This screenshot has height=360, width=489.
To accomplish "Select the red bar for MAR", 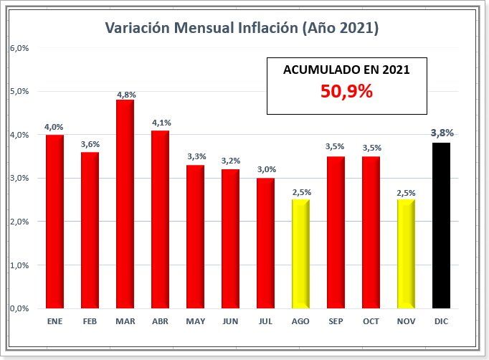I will coord(125,204).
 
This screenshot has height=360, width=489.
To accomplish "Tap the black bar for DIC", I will coord(441,226).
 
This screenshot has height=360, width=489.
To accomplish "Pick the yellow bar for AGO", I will coord(300,255).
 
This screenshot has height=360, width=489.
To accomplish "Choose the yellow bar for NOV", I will coord(406,255).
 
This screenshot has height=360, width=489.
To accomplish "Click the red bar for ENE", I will coord(54,222).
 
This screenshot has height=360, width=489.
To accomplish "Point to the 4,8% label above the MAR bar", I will coord(125,94).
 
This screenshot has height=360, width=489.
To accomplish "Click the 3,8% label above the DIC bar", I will coord(442,133).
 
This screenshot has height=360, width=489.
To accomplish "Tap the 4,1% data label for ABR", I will coord(161,123).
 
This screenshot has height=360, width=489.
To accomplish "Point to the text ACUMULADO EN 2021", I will coord(346,70).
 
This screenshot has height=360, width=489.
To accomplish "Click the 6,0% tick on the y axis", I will coord(19,48).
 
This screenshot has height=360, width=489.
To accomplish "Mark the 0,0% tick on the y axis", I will coord(19,308).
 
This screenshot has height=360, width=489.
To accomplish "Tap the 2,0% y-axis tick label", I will coord(19,222).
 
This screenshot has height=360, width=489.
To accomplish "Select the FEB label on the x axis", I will coord(90,322).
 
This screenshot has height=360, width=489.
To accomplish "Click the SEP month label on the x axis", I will coord(336,322).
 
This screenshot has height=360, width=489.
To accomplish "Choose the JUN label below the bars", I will coord(230,322).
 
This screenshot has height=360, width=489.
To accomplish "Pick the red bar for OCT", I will coord(371,233).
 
